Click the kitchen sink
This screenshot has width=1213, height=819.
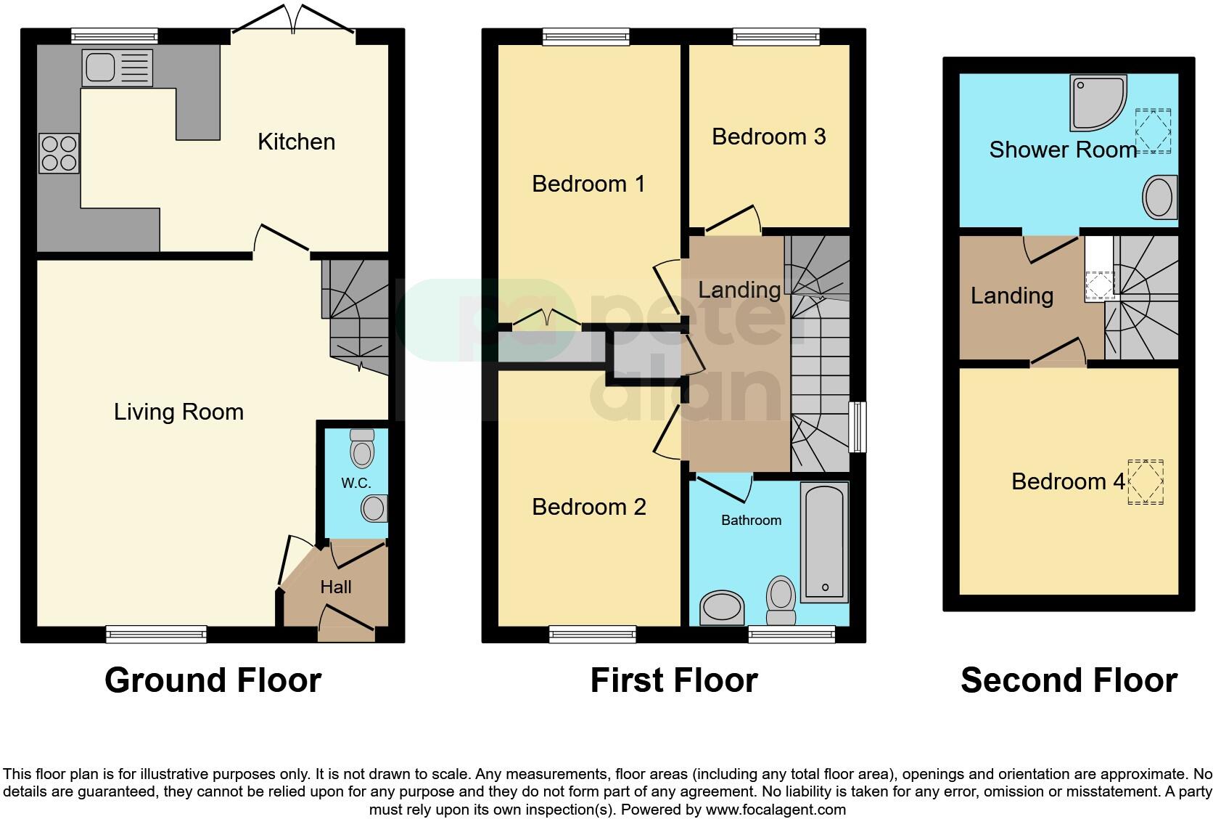(x=117, y=68)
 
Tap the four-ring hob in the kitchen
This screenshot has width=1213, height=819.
(x=59, y=154)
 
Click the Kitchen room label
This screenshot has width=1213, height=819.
(x=296, y=142)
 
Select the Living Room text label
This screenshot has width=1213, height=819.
(x=178, y=412)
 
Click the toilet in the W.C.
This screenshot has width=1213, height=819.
(x=361, y=449)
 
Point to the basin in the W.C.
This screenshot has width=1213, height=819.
(x=374, y=508)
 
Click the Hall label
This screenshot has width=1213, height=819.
(x=336, y=587)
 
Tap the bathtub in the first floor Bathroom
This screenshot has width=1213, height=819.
(x=825, y=542)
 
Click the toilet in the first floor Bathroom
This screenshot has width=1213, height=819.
(x=781, y=600)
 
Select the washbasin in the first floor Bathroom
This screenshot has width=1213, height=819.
(x=722, y=608)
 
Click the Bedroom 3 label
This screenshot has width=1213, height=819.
(x=768, y=136)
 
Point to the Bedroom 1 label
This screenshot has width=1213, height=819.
(x=588, y=184)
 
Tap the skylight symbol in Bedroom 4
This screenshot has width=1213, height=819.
(x=1145, y=481)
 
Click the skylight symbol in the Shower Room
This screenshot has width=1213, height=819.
(x=1153, y=131)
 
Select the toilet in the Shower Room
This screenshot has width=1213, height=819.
(x=1159, y=197)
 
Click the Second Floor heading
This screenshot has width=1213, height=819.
(x=1068, y=680)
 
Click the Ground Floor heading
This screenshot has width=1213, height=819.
(x=213, y=680)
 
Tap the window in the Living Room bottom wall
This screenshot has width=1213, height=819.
(x=156, y=635)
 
